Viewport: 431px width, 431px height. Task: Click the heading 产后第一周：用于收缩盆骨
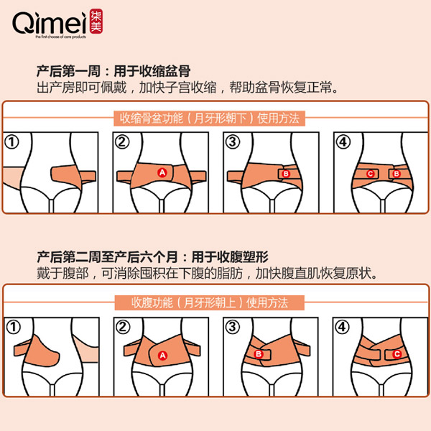point(110,73)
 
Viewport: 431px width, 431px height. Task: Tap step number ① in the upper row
point(14,142)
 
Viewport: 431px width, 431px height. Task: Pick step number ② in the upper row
point(123,142)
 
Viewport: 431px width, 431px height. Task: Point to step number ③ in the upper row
point(232,142)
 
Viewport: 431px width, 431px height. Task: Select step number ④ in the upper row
point(342,142)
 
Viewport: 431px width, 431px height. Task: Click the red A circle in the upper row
point(162,172)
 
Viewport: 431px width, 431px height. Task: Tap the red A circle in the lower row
point(162,356)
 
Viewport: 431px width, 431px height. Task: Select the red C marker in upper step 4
point(371,174)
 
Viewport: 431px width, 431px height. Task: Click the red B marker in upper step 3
point(285,174)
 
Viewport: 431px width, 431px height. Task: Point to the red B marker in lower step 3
point(259,353)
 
